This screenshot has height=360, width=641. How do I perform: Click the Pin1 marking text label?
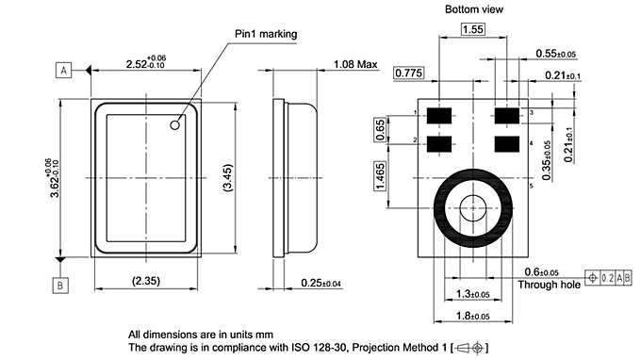click(265, 34)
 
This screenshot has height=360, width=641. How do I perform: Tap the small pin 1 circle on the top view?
click(175, 123)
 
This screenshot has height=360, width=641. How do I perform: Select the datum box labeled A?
click(63, 71)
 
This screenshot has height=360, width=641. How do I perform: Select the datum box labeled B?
click(60, 284)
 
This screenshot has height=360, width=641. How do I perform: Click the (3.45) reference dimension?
click(224, 178)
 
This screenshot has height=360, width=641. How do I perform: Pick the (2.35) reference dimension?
click(146, 280)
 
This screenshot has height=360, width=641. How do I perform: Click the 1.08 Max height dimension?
click(354, 65)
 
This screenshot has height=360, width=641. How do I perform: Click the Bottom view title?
click(474, 8)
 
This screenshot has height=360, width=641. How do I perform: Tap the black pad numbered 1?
click(438, 115)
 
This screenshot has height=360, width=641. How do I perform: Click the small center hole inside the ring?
click(472, 206)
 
